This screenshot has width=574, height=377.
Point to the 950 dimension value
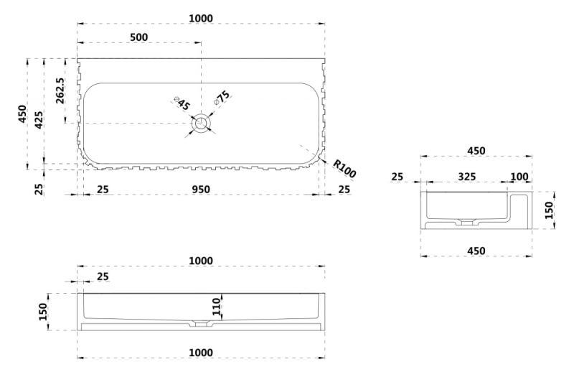(201, 190)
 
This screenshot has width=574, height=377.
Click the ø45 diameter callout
(182, 105)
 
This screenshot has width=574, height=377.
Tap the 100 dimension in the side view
(519, 177)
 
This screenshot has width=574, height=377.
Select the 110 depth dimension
(217, 307)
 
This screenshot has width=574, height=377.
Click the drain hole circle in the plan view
(201, 124)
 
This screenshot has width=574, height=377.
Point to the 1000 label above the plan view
(201, 18)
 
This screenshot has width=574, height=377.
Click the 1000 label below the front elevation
(201, 352)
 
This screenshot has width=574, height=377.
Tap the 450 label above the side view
(476, 151)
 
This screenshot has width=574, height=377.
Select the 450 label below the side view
(476, 251)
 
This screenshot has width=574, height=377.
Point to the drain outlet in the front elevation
(201, 325)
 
